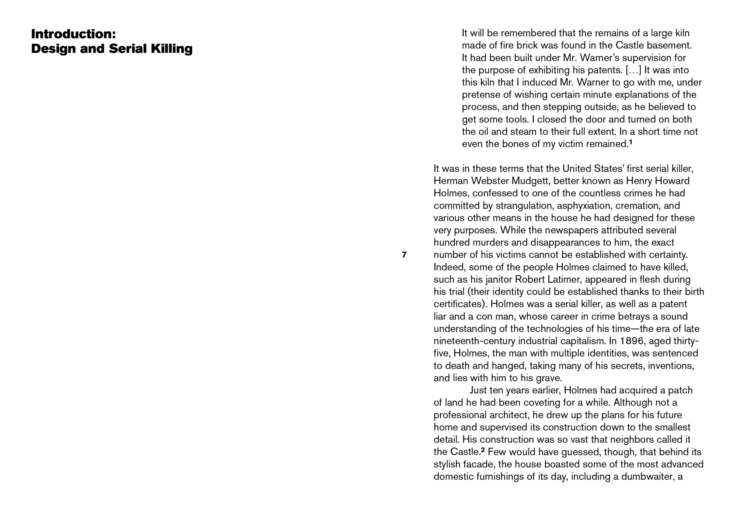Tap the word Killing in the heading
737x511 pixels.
pyautogui.click(x=172, y=49)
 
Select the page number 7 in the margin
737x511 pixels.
pyautogui.click(x=404, y=255)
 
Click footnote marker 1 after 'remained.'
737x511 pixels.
pyautogui.click(x=631, y=142)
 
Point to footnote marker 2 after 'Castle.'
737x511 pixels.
pyautogui.click(x=483, y=450)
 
